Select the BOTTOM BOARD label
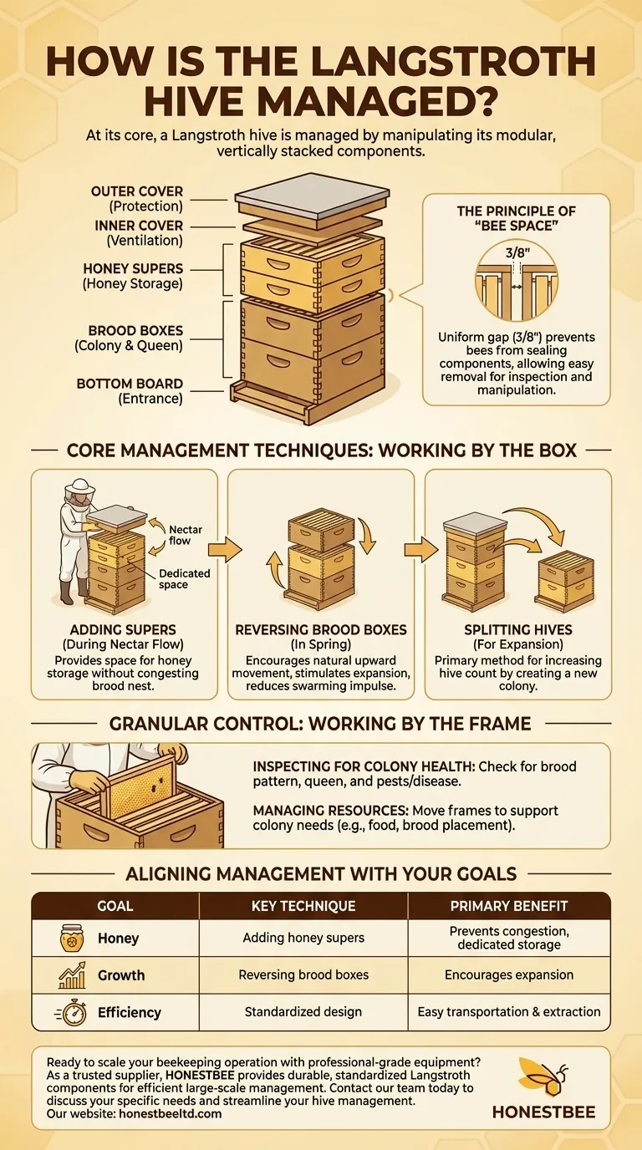[x=130, y=384]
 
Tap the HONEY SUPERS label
[x=133, y=269]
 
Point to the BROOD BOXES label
[x=135, y=331]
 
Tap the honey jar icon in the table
[x=72, y=938]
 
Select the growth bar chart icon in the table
[x=72, y=974]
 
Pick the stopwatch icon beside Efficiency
[x=72, y=1011]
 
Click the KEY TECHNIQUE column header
[x=303, y=906]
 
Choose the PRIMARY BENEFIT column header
[x=509, y=906]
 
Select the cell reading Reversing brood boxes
[x=303, y=974]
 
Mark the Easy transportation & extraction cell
[x=509, y=1011]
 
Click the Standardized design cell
[x=303, y=1011]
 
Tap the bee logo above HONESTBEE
[x=543, y=1076]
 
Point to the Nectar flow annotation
[x=186, y=535]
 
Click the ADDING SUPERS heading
[x=124, y=629]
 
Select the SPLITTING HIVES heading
[x=517, y=629]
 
